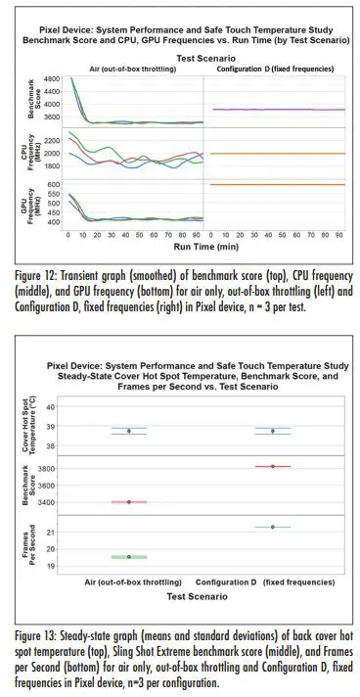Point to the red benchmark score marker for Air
pos(129,502)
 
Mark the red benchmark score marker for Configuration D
pos(273,467)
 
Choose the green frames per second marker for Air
pos(129,557)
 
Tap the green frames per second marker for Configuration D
pos(273,527)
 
